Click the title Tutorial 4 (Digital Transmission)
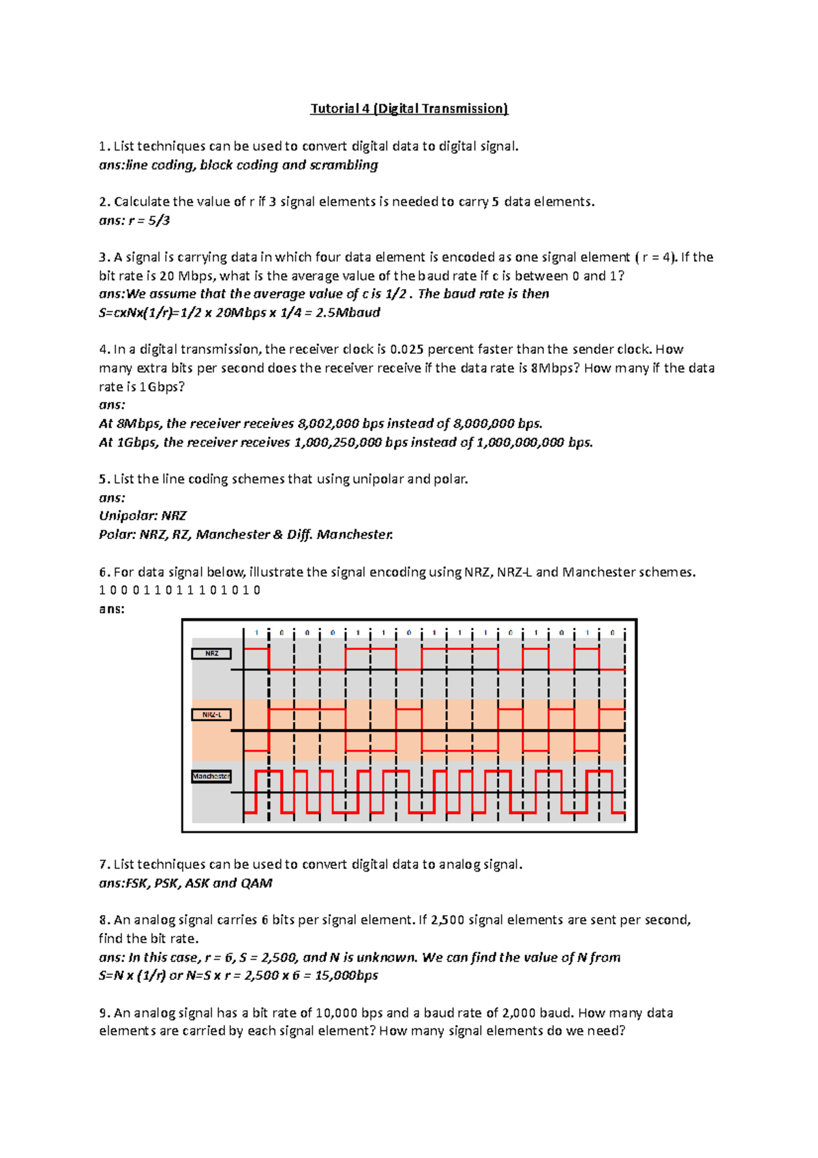[409, 108]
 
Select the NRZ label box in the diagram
[211, 653]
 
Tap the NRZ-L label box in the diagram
[211, 715]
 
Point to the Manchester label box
[211, 776]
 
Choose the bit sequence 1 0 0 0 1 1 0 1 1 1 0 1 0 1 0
[179, 590]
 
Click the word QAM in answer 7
[256, 883]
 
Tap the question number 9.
[104, 1013]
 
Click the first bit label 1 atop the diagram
[256, 633]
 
